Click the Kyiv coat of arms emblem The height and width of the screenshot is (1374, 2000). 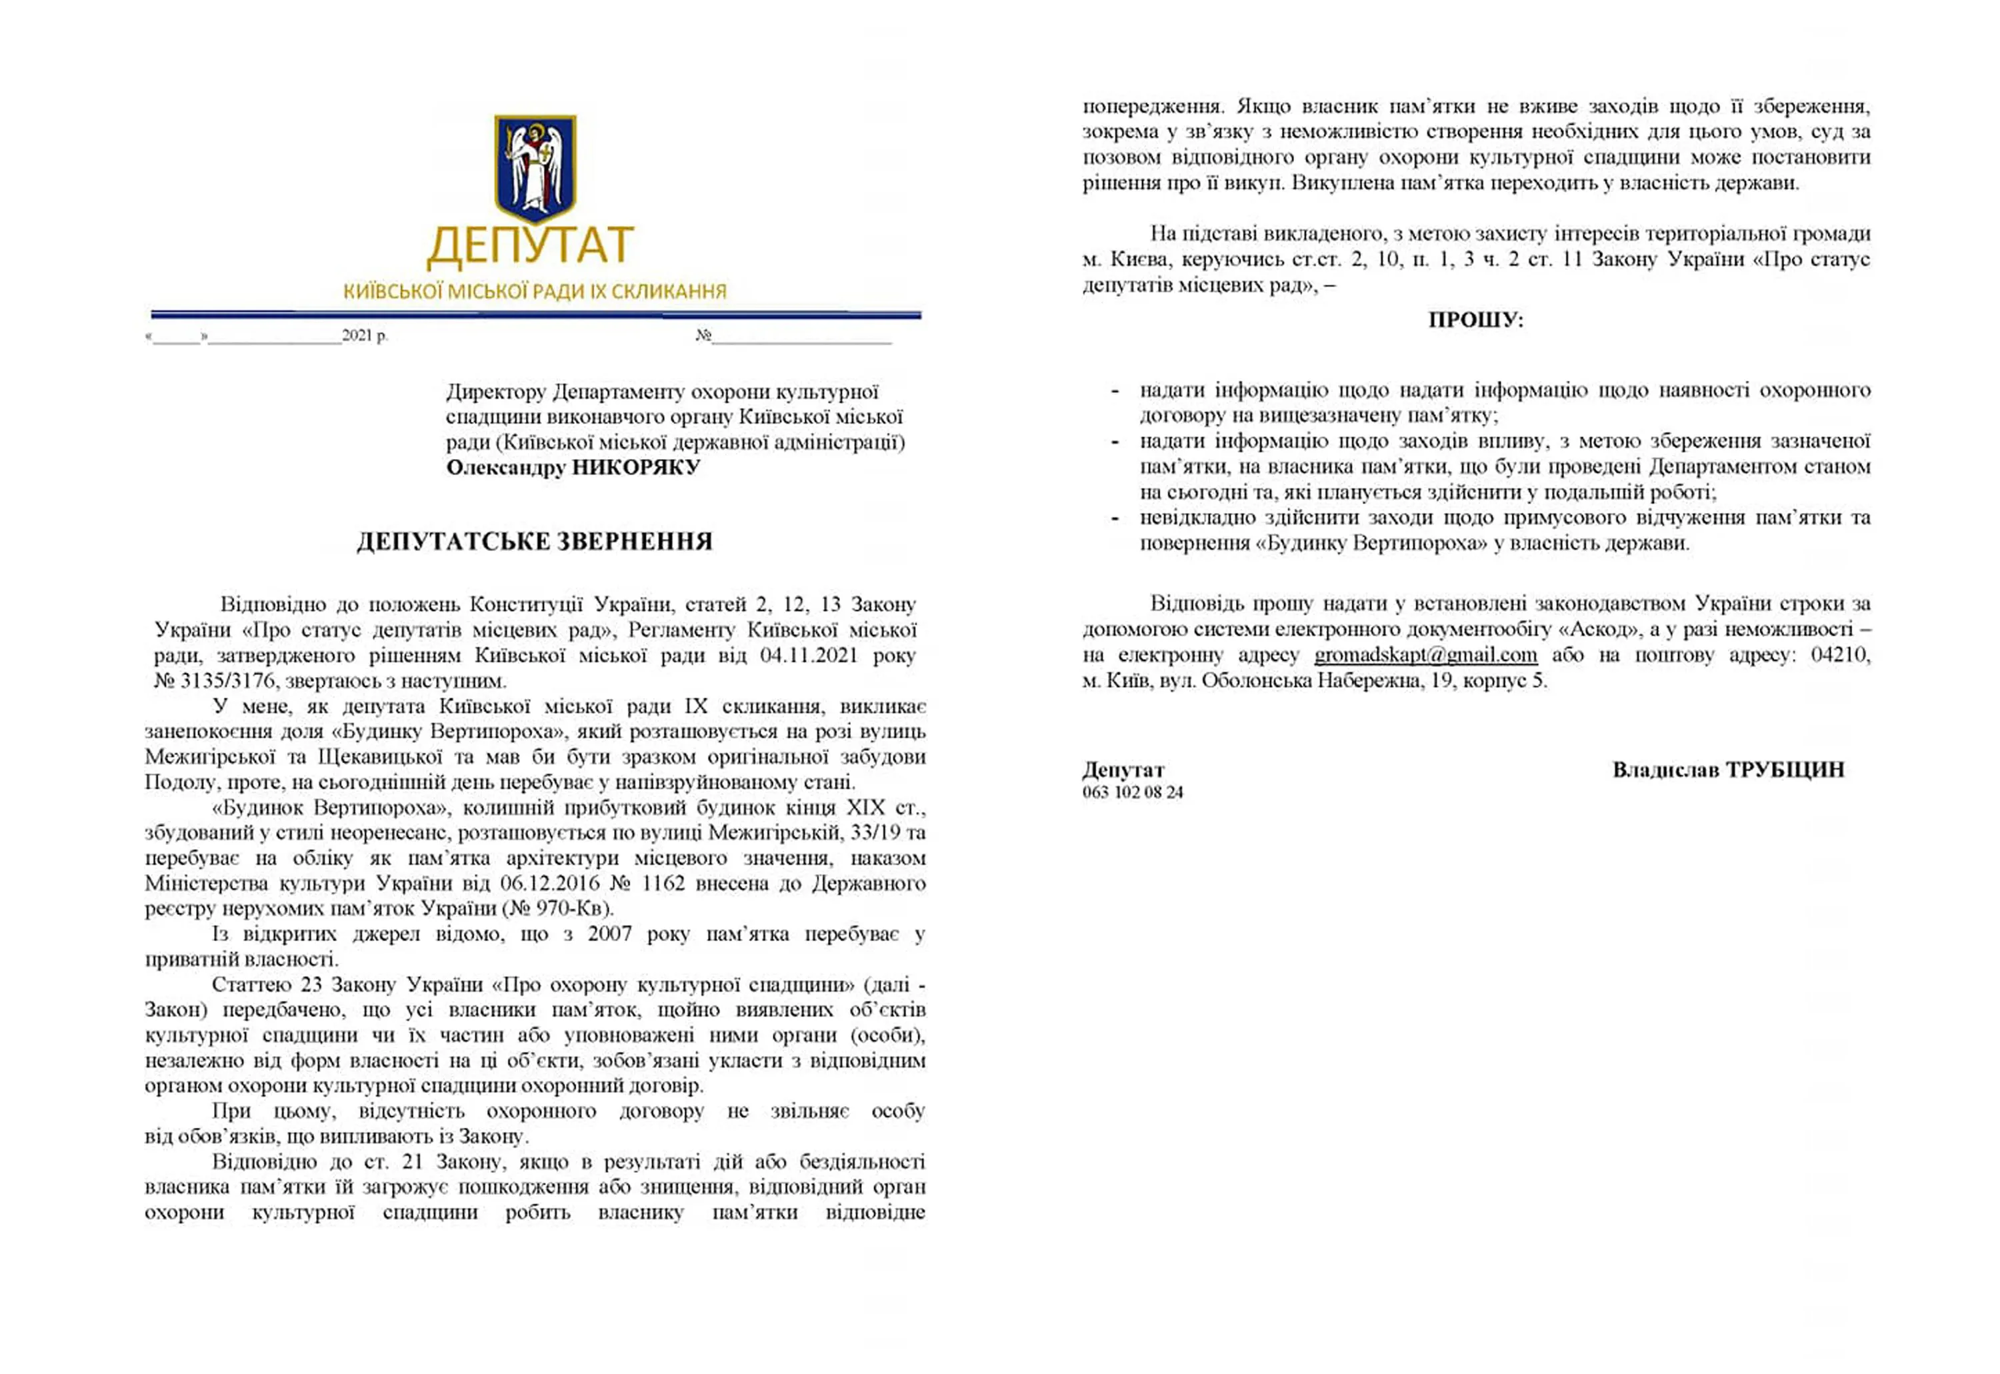pyautogui.click(x=534, y=168)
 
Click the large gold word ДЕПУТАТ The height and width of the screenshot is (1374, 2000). pyautogui.click(x=531, y=247)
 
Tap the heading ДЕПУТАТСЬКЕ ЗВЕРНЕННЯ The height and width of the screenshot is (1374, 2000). pyautogui.click(x=535, y=542)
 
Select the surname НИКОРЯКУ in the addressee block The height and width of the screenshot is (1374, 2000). pyautogui.click(x=635, y=468)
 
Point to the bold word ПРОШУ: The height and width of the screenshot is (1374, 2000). pyautogui.click(x=1475, y=321)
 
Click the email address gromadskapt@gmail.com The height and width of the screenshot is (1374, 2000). pyautogui.click(x=1425, y=655)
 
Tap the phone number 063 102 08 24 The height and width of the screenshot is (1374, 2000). pyautogui.click(x=1133, y=792)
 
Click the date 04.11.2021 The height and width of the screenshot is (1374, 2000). pyautogui.click(x=809, y=655)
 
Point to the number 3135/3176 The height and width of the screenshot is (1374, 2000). pyautogui.click(x=227, y=681)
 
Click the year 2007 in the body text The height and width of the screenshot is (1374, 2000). pyautogui.click(x=610, y=934)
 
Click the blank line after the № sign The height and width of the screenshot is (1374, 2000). pyautogui.click(x=801, y=337)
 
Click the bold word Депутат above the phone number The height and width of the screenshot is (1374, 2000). pyautogui.click(x=1123, y=770)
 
